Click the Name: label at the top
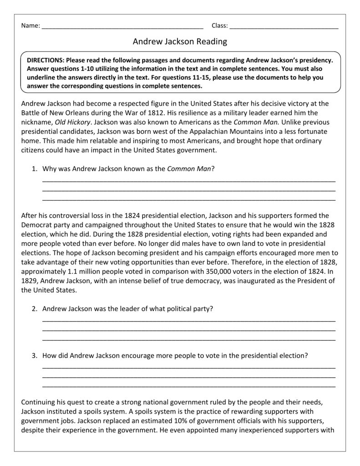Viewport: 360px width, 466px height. (x=30, y=25)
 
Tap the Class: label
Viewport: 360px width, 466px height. (x=220, y=25)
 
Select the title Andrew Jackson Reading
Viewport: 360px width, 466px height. (x=180, y=42)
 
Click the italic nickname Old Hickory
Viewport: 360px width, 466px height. (x=73, y=122)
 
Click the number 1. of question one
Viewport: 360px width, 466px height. (x=35, y=169)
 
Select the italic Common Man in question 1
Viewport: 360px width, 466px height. (x=189, y=169)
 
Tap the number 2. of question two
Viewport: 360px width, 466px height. (x=35, y=309)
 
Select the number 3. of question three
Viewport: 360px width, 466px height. (x=35, y=355)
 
